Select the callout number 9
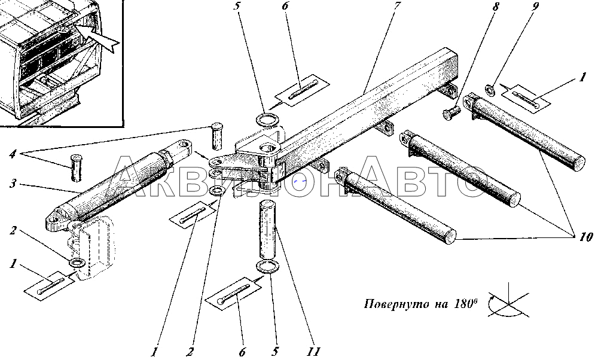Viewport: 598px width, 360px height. click(x=535, y=7)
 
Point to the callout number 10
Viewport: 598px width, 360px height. click(x=586, y=237)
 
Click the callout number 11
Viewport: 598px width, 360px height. click(x=315, y=351)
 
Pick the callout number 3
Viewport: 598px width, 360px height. click(x=13, y=184)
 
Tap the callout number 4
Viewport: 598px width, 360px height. click(x=13, y=154)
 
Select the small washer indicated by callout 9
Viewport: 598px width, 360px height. click(x=490, y=90)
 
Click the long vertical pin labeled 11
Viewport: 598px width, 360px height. click(x=268, y=229)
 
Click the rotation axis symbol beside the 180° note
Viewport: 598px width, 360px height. click(x=509, y=302)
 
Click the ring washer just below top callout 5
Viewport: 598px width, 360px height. click(x=268, y=120)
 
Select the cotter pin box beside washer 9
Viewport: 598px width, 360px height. click(x=526, y=99)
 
